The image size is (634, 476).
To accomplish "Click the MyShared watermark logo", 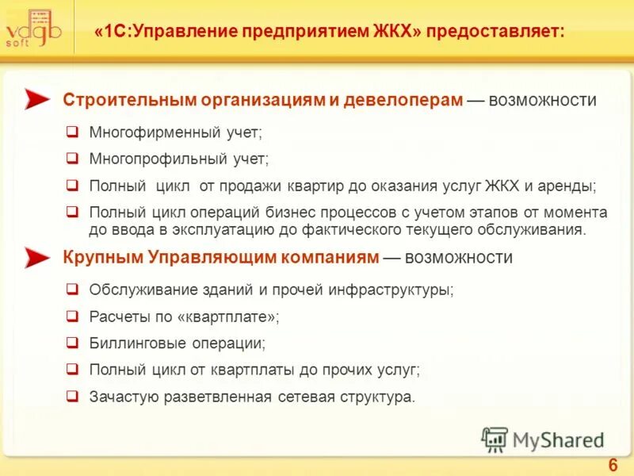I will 542,440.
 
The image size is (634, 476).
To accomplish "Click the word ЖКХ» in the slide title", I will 395,33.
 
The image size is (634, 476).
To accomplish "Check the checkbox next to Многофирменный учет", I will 71,132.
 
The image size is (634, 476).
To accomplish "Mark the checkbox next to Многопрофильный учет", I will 71,159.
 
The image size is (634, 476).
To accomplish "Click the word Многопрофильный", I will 151,159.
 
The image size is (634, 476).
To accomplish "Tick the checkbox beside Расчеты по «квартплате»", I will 71,317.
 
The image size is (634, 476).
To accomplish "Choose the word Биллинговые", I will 135,344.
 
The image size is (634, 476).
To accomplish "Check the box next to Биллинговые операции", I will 71,344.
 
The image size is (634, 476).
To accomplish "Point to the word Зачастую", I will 124,396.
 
